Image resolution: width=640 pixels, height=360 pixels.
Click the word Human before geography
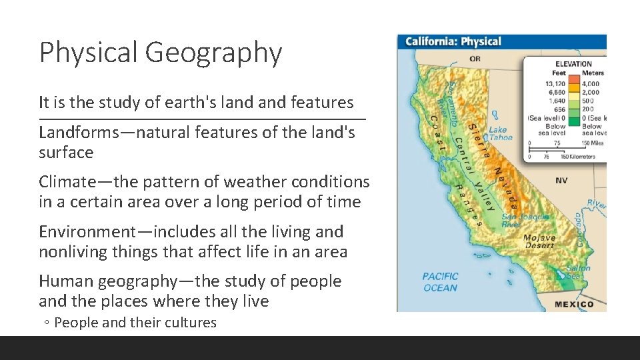click(65, 282)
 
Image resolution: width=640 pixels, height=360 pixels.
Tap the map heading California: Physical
click(453, 42)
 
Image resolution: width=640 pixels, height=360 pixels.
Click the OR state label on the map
click(475, 59)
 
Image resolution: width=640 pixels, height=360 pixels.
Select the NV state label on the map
click(561, 181)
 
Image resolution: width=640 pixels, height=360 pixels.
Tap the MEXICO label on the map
click(573, 304)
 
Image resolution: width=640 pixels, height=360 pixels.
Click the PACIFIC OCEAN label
click(440, 282)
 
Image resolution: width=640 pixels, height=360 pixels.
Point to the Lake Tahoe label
click(500, 134)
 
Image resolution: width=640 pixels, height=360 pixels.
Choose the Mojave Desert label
click(539, 241)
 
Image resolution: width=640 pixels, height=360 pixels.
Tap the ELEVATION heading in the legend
click(573, 65)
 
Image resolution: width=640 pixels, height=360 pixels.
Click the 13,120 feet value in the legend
click(555, 84)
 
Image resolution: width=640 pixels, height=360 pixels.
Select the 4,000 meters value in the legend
click(590, 84)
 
